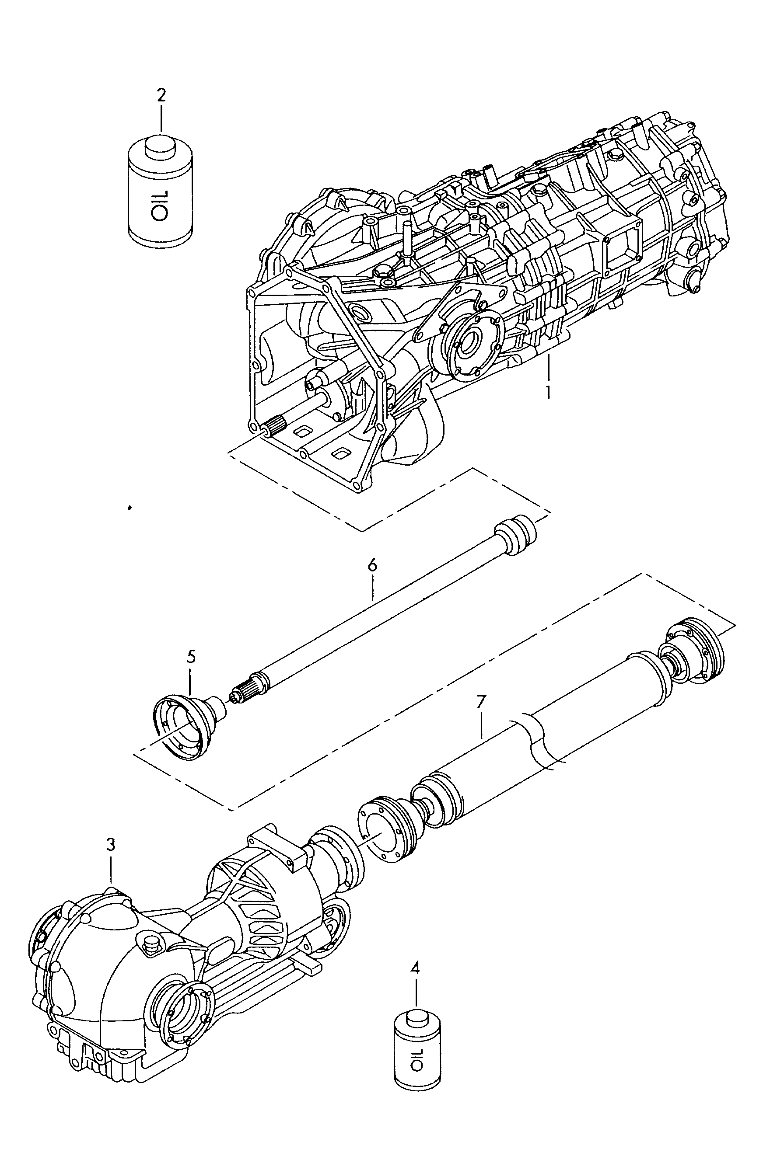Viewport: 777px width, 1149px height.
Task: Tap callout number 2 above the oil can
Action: (161, 95)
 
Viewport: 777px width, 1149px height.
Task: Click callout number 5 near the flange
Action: (191, 657)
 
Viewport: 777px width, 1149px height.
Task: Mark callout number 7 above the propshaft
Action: (481, 702)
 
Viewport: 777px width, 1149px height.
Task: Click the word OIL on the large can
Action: (160, 205)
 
